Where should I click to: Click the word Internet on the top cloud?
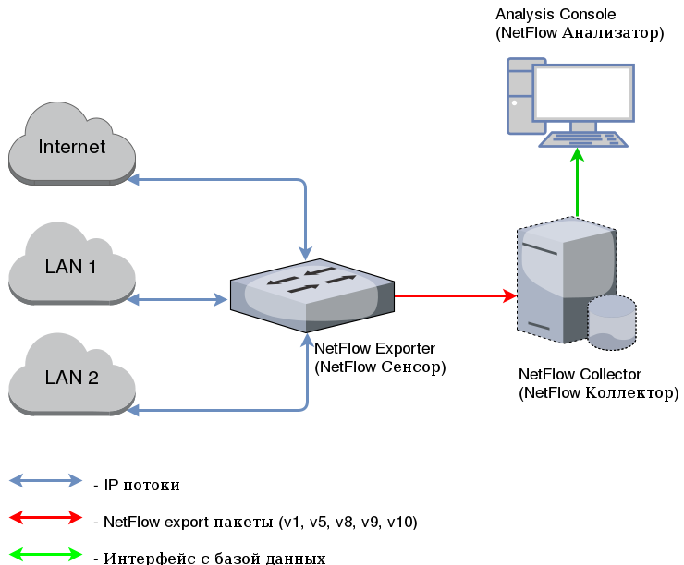coord(71,147)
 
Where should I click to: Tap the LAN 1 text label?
coord(71,267)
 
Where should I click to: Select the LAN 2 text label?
coord(71,378)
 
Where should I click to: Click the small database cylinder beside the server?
coord(611,322)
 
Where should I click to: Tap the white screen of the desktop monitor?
coord(583,91)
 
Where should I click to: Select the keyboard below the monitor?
coord(583,139)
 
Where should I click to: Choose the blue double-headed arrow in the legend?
coord(45,480)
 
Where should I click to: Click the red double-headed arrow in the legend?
coord(45,517)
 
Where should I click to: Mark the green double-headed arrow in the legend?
coord(45,554)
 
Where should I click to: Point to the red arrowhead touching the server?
coord(509,296)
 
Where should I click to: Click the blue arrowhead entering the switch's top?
coord(306,254)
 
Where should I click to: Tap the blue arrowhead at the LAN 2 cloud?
coord(133,409)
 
